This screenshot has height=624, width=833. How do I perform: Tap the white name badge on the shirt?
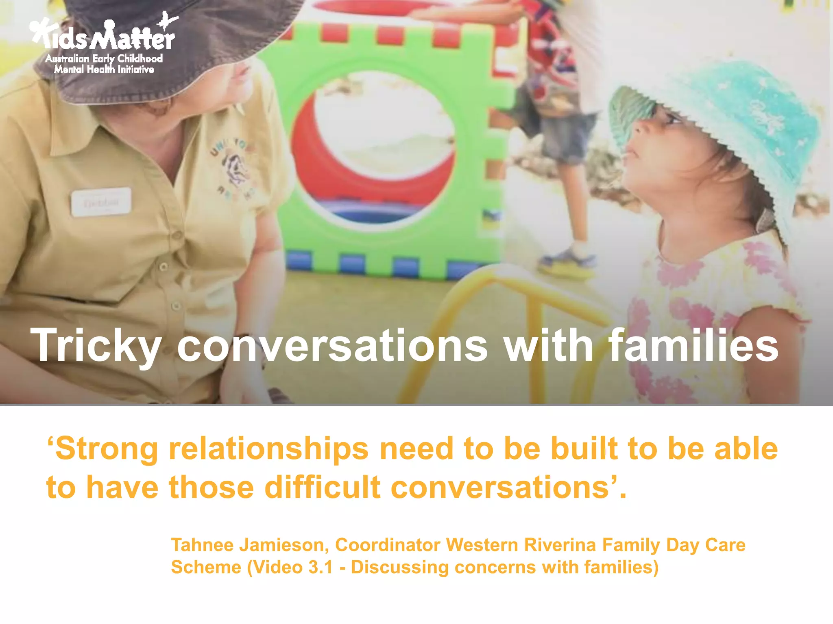tap(101, 201)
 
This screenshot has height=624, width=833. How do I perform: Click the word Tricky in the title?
tap(96, 345)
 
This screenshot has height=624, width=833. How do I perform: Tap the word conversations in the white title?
tap(332, 345)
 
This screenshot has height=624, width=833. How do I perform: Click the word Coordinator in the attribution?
tap(388, 545)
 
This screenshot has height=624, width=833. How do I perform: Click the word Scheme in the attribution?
tap(206, 567)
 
